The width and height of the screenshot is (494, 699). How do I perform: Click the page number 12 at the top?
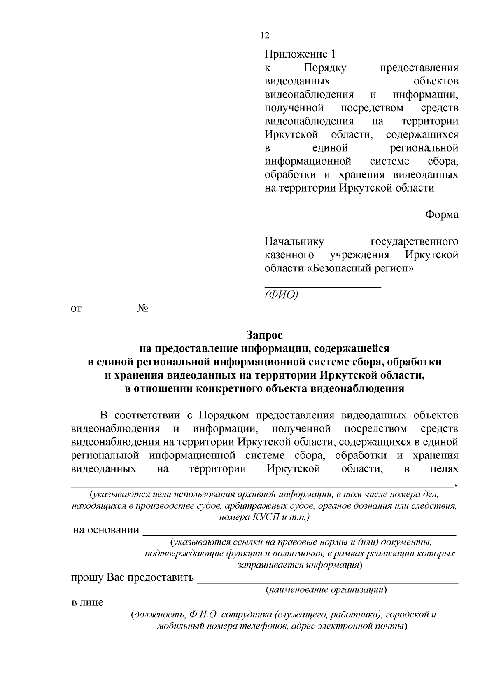(x=265, y=36)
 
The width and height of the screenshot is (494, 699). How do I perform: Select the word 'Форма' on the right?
(x=442, y=215)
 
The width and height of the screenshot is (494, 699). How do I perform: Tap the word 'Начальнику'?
(x=294, y=241)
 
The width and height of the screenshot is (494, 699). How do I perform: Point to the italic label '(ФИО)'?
(x=281, y=295)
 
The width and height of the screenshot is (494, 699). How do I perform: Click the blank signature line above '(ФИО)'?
(x=322, y=286)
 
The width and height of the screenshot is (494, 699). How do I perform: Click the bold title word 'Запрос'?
(x=265, y=335)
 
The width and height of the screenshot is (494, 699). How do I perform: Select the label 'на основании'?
(x=106, y=530)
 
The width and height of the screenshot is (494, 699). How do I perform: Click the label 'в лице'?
(x=87, y=603)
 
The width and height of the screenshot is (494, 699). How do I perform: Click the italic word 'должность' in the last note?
(x=158, y=615)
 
